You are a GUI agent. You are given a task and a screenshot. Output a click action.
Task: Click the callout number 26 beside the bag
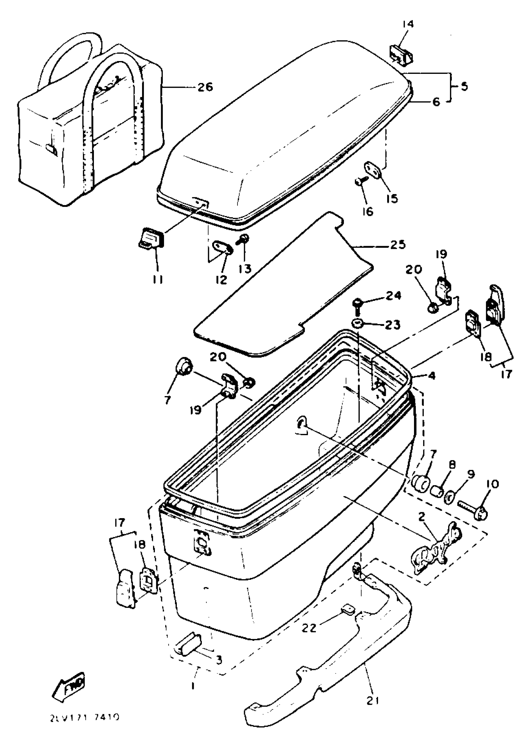(x=205, y=87)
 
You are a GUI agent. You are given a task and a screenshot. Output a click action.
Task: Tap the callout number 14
(x=408, y=24)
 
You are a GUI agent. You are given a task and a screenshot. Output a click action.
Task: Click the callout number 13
(x=245, y=269)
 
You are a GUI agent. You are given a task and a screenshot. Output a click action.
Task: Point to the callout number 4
(x=432, y=376)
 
